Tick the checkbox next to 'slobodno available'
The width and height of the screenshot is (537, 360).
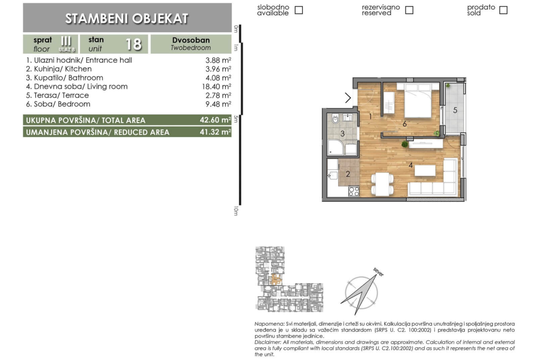pos(299,10)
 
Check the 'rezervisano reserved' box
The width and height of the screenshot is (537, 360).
pos(409,10)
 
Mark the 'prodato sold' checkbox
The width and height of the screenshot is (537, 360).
pos(503,10)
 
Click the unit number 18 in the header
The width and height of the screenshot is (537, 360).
pos(134,44)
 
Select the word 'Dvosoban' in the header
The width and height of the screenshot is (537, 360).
pos(191,40)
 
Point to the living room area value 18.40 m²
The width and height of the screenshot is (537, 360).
pos(217,87)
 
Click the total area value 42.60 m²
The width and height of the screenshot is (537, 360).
pos(215,120)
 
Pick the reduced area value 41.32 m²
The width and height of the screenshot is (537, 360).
pos(215,132)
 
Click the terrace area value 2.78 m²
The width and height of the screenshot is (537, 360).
pos(218,95)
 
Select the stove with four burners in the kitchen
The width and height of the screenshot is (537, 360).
pos(354,191)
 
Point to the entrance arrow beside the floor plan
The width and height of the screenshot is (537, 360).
pos(348,98)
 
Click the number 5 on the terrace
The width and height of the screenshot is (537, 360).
pos(455,110)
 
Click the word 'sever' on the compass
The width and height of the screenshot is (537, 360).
pos(379,272)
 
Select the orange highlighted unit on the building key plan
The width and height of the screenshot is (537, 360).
pos(276,279)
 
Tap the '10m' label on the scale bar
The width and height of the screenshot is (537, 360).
pos(235,211)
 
